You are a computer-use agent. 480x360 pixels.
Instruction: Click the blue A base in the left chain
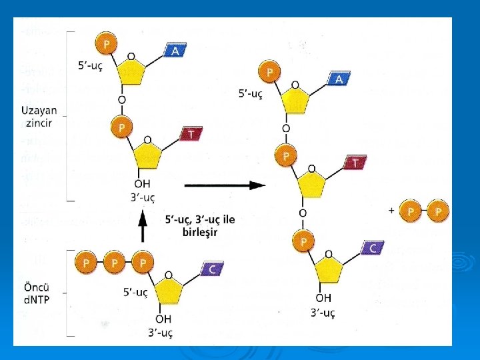point(175,51)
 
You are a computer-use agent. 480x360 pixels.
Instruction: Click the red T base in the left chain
point(191,134)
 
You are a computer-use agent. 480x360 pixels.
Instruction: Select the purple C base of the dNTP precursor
point(211,269)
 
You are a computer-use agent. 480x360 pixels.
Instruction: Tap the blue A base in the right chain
point(339,79)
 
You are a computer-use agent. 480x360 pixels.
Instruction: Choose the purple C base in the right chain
point(372,248)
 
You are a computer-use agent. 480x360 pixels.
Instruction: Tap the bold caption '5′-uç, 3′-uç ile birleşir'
point(200,225)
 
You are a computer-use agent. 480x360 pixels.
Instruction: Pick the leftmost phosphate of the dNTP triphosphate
point(85,264)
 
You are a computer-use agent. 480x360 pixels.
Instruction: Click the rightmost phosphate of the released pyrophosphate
point(438,211)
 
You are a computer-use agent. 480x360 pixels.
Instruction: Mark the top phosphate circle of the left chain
point(106,43)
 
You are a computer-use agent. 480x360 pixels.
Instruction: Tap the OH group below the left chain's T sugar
point(142,184)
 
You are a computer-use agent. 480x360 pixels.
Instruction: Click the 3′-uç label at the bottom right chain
point(322,312)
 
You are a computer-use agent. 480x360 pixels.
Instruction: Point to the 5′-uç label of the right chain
point(251,94)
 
